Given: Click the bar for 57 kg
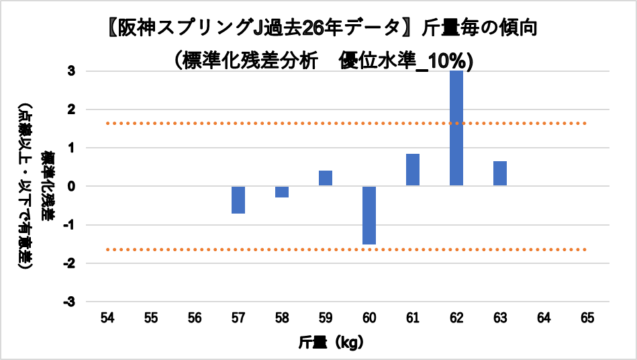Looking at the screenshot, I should [238, 199].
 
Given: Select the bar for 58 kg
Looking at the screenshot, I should [282, 191].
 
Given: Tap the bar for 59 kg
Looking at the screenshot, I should [326, 178].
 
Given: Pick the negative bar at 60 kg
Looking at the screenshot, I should [369, 215].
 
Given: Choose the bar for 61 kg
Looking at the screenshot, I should [413, 170].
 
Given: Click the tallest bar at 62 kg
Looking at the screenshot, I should [456, 128].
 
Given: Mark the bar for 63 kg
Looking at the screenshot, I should [500, 173].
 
